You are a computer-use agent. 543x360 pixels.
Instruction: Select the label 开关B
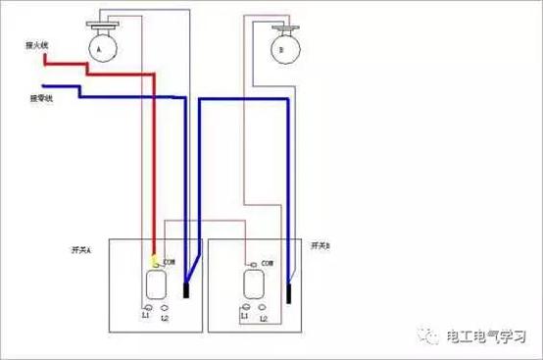click(321, 243)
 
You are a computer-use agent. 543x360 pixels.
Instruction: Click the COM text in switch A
click(170, 262)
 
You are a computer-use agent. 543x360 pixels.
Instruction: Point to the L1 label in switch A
click(145, 316)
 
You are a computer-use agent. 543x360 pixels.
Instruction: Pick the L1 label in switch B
click(241, 317)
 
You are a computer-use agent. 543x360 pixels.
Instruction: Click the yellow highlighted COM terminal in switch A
click(154, 261)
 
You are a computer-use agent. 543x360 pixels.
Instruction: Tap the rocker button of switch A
click(155, 285)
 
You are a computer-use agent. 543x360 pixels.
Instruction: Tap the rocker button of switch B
click(252, 287)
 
